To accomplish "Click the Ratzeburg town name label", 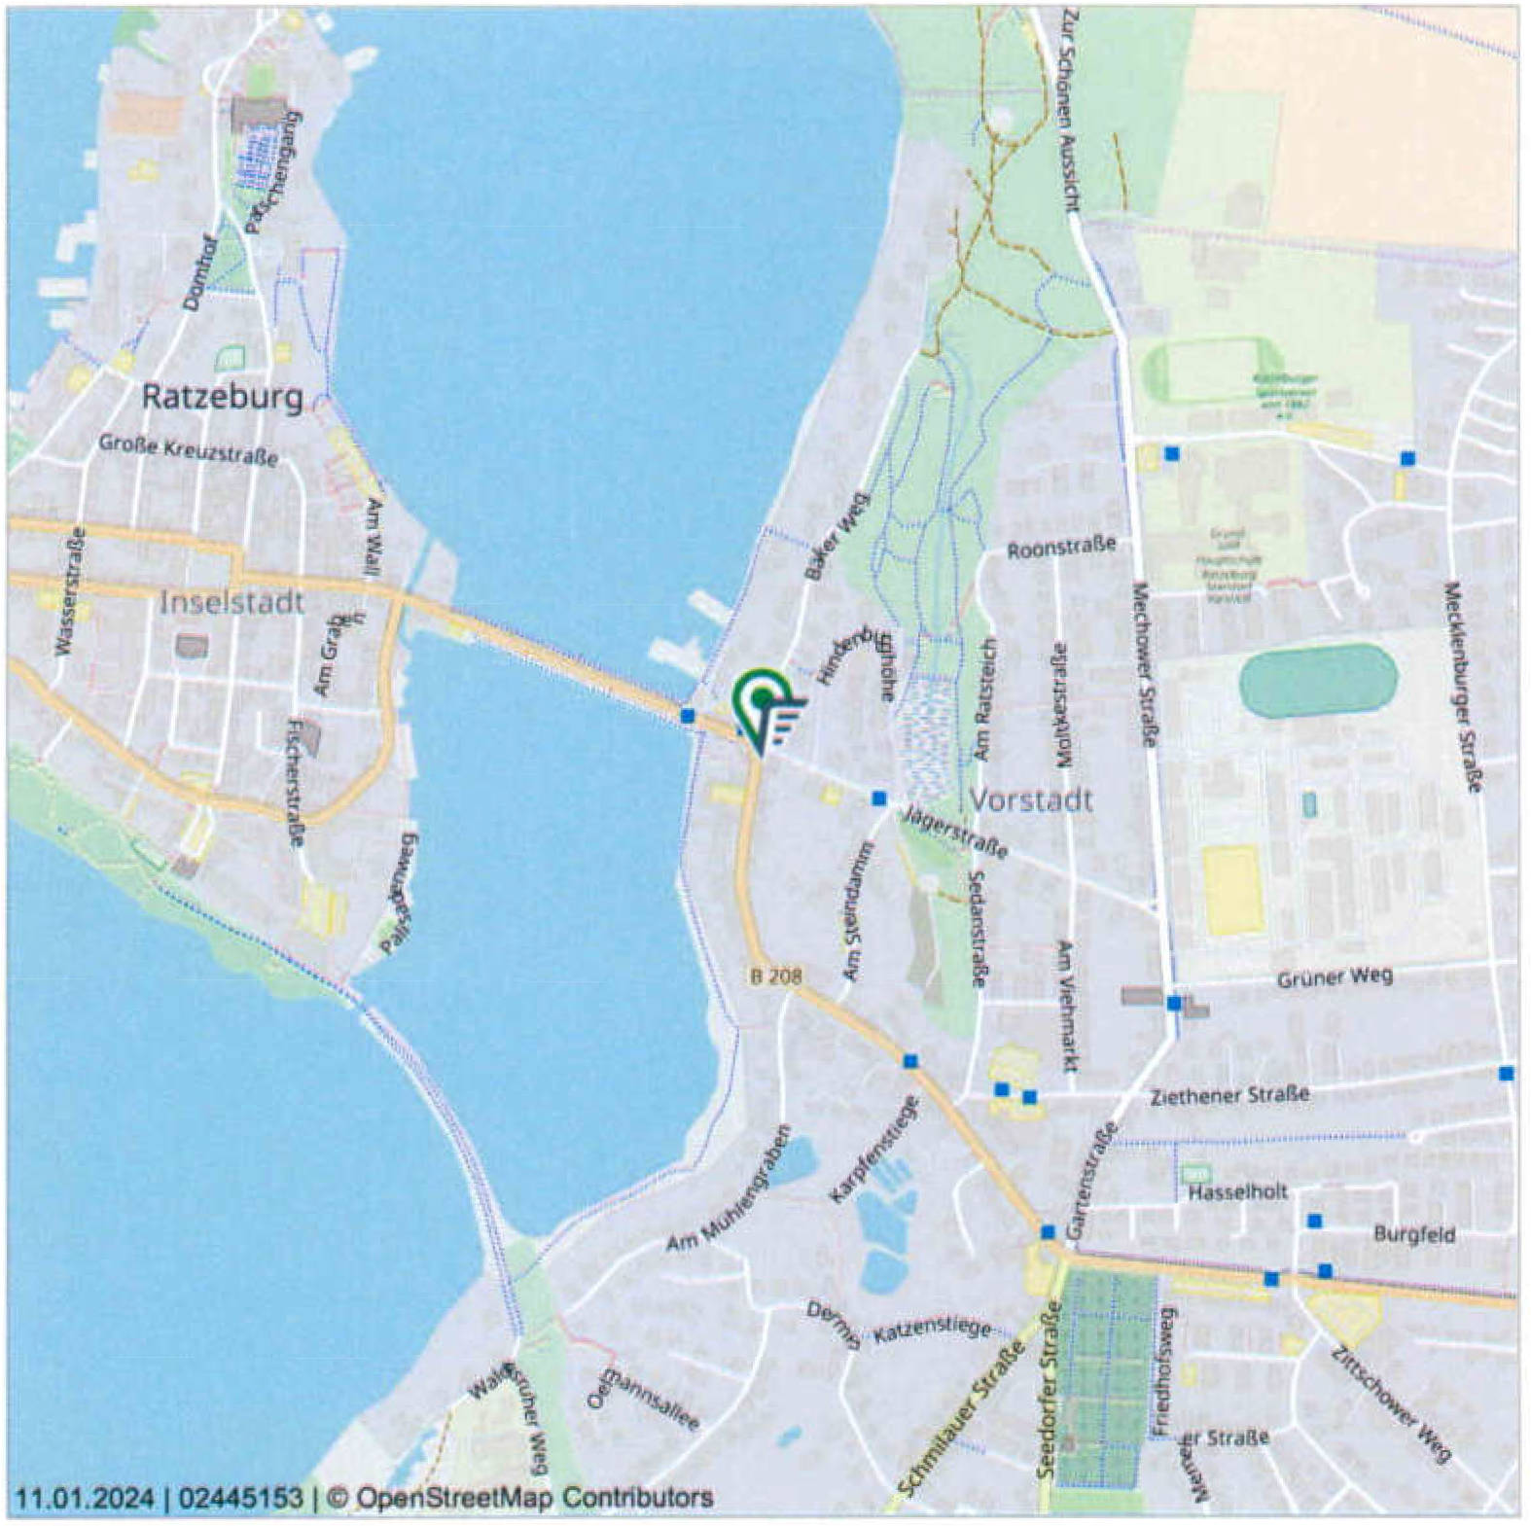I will coord(222,397).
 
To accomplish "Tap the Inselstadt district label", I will coord(231,602).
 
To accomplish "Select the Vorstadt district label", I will coord(1031,800).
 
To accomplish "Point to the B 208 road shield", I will coord(776,975).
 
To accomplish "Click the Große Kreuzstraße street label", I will coord(188,450).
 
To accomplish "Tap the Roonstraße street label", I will coord(1060,548).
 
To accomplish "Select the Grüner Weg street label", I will coord(1334,976).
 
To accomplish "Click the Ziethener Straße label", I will coord(1228,1095).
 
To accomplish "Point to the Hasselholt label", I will coord(1237,1191).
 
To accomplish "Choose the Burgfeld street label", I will coord(1413,1234).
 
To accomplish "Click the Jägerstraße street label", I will coord(954,833).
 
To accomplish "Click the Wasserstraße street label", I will coord(71,591).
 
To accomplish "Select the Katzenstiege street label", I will coord(931,1330).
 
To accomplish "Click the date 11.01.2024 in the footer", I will coord(84,1497).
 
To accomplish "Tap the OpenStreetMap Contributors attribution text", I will coord(533,1497).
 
